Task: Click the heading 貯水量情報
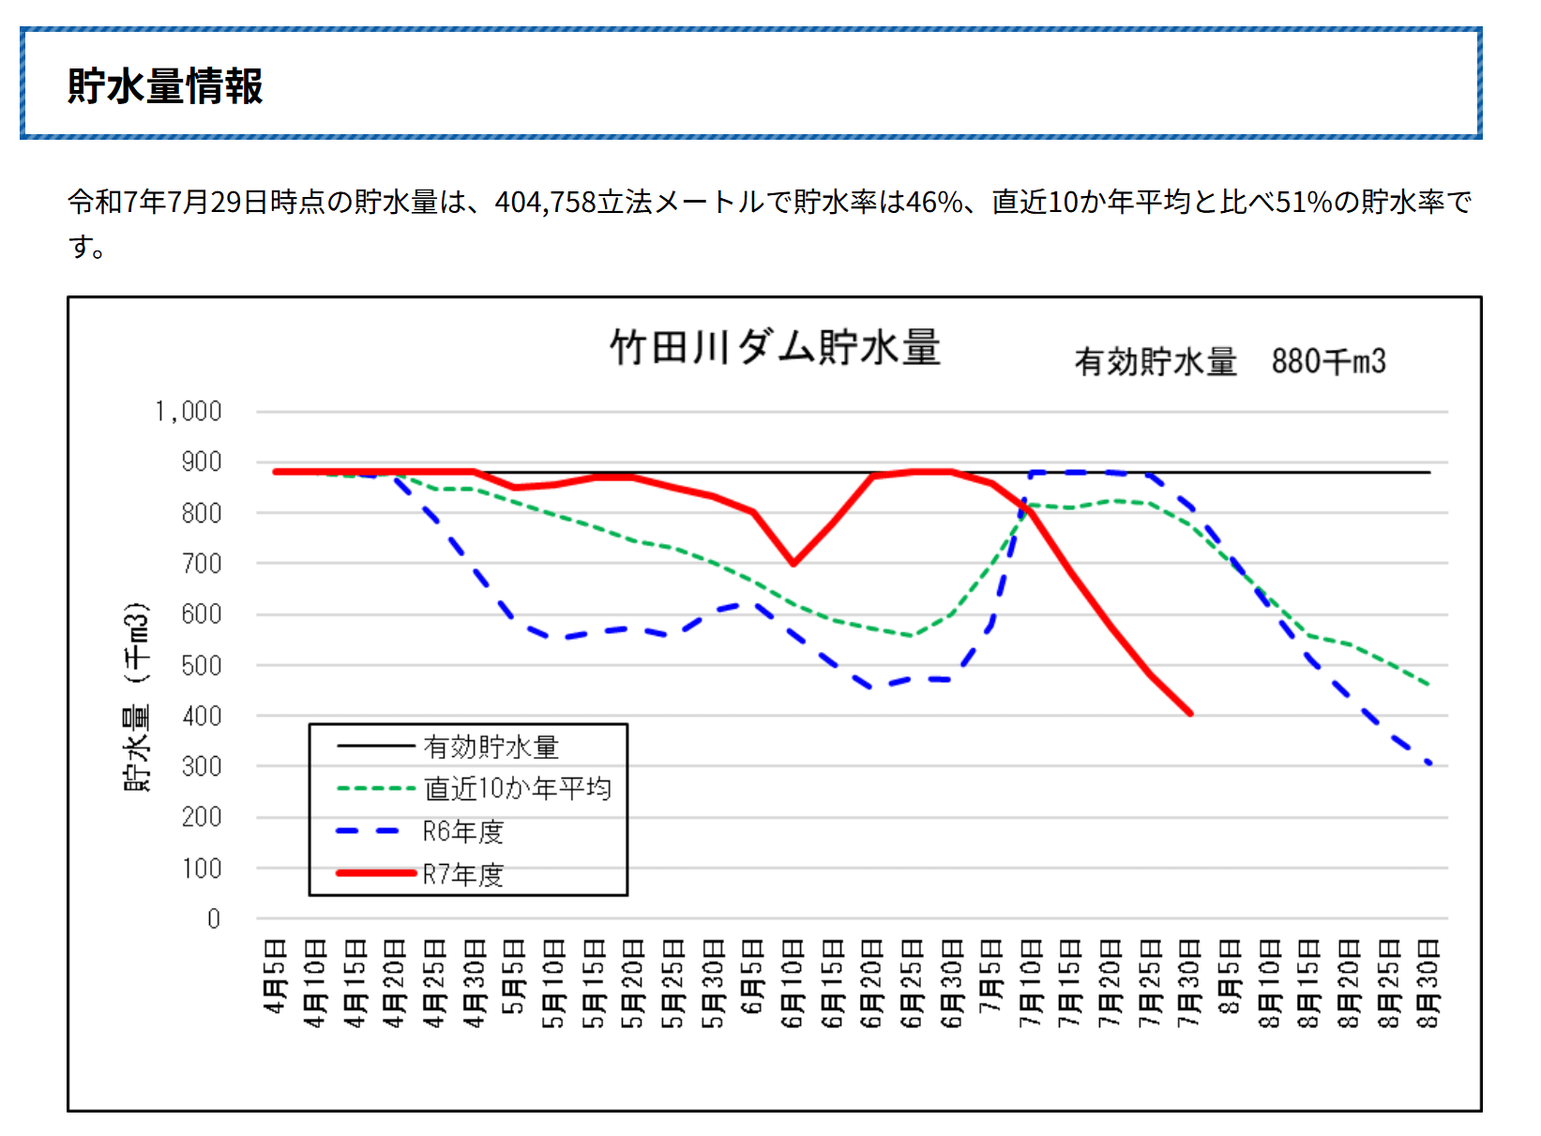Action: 165,86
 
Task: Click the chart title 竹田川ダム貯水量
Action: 775,347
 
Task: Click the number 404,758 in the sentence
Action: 546,202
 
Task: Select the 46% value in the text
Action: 935,202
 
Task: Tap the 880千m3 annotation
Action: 1328,361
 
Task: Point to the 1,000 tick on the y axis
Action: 189,412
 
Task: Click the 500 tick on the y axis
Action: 202,666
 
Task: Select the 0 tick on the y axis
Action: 214,919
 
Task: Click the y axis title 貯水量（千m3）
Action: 137,696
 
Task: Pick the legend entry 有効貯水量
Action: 491,747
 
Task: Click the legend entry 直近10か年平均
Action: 517,789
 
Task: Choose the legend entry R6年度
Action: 462,832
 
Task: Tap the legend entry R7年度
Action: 462,874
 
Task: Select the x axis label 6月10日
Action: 793,982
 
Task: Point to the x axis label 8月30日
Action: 1428,982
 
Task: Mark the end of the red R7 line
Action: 1190,714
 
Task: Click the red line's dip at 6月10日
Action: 793,564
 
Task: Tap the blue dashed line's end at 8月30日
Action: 1428,764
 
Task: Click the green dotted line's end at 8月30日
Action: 1428,685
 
